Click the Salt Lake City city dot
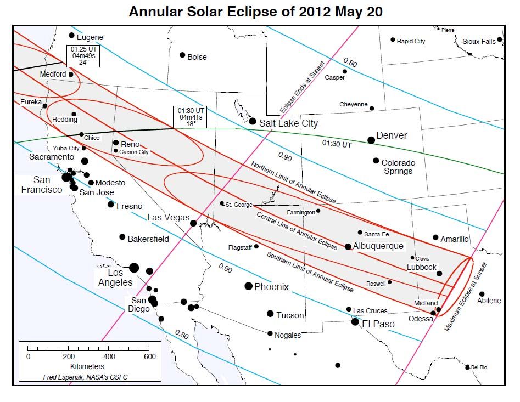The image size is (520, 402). [x=253, y=121]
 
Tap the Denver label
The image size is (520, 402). [x=392, y=135]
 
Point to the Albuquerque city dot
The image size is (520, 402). [x=348, y=247]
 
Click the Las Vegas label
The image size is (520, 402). [x=168, y=218]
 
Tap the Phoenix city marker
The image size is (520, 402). [x=248, y=286]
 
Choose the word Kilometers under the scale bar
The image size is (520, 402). [x=87, y=366]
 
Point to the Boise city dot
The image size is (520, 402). [x=182, y=55]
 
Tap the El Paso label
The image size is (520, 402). [x=378, y=324]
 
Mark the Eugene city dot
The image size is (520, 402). [x=71, y=36]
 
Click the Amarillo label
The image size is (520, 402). [x=455, y=239]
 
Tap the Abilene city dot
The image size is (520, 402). [x=482, y=294]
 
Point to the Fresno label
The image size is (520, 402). [x=129, y=206]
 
